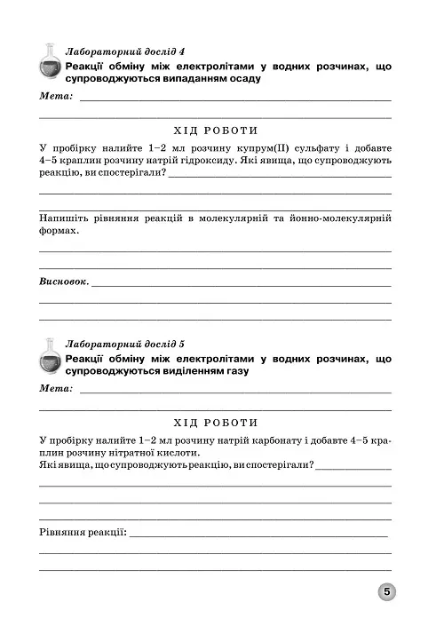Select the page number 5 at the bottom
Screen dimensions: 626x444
[388, 592]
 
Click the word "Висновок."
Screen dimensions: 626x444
[64, 281]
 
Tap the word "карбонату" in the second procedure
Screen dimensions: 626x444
[297, 440]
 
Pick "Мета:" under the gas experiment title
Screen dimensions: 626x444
[56, 388]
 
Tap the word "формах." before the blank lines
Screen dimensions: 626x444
[59, 231]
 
